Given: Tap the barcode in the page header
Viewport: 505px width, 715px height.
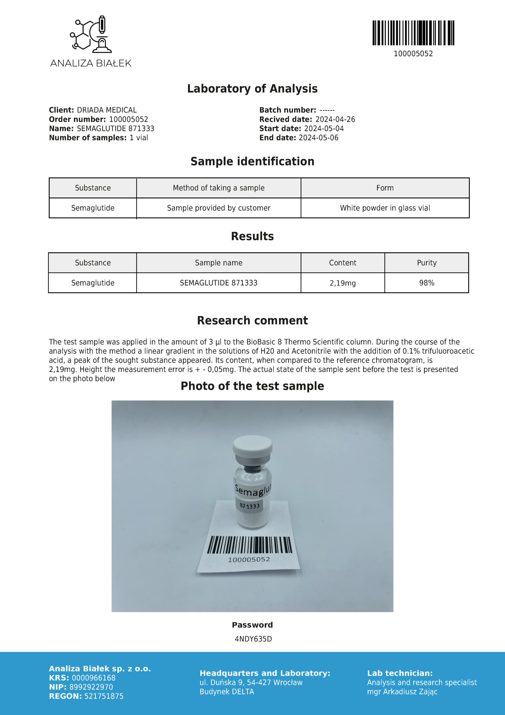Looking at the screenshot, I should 413,33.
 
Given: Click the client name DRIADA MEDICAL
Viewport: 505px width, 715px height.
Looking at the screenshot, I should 107,110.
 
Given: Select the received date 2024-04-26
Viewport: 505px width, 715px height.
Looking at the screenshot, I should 335,119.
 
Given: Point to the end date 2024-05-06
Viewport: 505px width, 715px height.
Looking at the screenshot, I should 318,138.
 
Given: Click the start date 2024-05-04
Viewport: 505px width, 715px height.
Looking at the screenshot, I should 324,128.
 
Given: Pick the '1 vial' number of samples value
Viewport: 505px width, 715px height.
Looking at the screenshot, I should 139,138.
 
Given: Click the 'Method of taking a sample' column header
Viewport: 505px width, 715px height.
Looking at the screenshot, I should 218,188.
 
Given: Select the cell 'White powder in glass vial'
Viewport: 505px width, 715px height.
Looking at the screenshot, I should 385,208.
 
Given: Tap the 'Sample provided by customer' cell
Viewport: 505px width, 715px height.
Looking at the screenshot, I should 218,208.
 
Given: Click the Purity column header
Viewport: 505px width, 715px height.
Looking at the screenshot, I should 427,263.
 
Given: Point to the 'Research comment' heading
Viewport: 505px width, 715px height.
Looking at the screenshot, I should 252,320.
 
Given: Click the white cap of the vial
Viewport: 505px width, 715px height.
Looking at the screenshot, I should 252,446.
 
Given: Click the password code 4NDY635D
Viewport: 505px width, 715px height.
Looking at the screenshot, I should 253,639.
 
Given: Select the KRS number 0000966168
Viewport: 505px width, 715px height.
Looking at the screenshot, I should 93,678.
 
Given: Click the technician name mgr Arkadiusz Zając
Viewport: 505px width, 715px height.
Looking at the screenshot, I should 402,692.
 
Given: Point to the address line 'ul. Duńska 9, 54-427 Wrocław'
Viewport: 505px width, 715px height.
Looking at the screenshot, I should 251,683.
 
